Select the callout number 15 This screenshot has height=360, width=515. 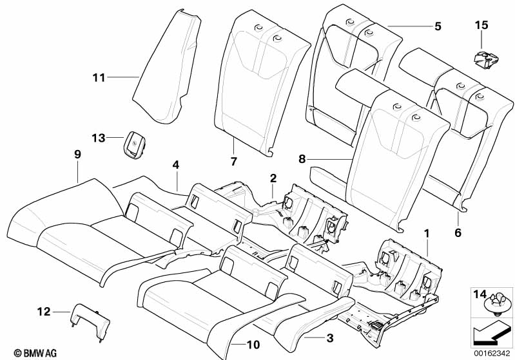pyautogui.click(x=481, y=25)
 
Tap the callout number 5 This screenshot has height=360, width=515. pyautogui.click(x=438, y=26)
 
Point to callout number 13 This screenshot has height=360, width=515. pyautogui.click(x=98, y=138)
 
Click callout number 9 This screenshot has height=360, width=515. pyautogui.click(x=77, y=155)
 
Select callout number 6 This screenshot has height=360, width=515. pyautogui.click(x=458, y=232)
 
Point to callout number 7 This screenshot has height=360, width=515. pyautogui.click(x=233, y=160)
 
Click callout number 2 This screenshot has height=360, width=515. pyautogui.click(x=273, y=177)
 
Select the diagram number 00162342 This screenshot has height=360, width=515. pyautogui.click(x=492, y=353)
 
